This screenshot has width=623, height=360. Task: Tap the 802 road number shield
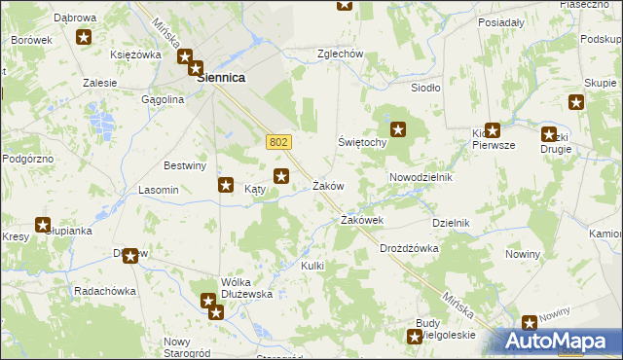tap(277, 142)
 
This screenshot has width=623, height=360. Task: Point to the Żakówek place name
tap(361, 221)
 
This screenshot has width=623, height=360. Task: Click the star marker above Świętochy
tap(398, 128)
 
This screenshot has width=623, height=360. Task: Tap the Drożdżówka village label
tap(409, 248)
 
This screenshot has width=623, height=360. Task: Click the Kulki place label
tap(311, 266)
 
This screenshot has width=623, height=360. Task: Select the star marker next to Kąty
tap(226, 185)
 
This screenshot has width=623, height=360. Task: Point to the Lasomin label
tap(158, 190)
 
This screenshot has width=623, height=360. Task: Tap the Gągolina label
tap(163, 99)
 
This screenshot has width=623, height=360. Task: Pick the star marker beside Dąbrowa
tap(84, 38)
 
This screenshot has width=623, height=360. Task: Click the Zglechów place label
tap(341, 54)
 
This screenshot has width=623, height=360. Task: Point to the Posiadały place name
tap(500, 20)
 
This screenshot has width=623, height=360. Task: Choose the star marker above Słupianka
tap(43, 224)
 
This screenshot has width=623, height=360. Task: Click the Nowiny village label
tap(523, 254)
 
